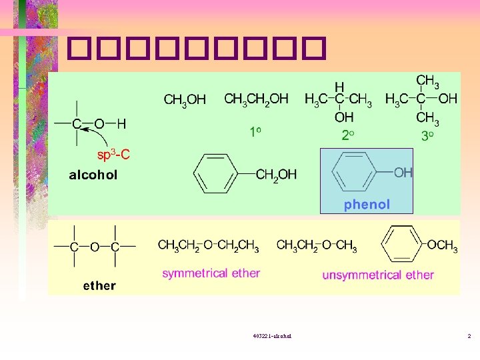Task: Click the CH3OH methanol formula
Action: pos(185,101)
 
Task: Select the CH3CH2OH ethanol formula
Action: pos(256,99)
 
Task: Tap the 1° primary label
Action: pos(255,133)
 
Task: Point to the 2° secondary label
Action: pos(347,135)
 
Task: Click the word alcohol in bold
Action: pos(93,175)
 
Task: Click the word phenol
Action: pos(367,205)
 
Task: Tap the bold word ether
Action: pos(99,285)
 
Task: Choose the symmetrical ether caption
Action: pos(211,273)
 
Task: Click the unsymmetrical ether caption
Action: pos(378,274)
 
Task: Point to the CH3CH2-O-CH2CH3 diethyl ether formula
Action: pos(208,246)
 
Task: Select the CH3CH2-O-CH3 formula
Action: pos(317,246)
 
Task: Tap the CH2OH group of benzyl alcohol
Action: pos(277,175)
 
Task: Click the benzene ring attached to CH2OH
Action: pos(215,175)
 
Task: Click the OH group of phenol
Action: pos(403,173)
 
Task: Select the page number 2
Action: pos(469,335)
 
